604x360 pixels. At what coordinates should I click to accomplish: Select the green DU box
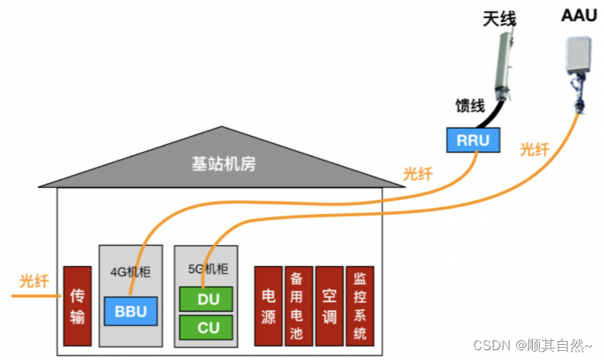[208, 299]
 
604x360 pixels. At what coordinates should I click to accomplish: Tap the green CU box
[208, 328]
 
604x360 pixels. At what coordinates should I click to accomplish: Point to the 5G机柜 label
[207, 268]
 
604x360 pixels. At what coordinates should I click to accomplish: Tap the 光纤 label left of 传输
[34, 282]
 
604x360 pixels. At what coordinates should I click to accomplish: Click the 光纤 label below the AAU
[534, 149]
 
